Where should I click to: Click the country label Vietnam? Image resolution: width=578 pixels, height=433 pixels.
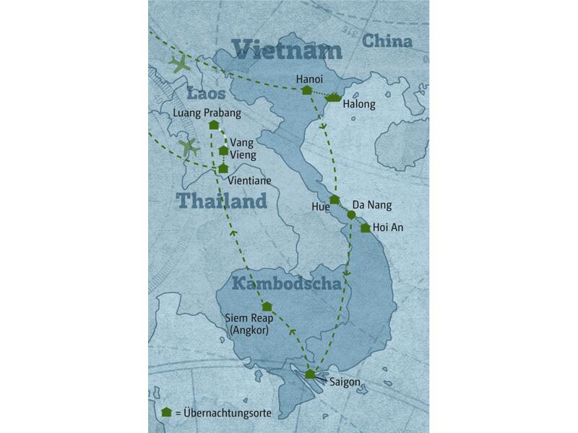(x=287, y=51)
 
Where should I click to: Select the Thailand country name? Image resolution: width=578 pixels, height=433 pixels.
(x=221, y=201)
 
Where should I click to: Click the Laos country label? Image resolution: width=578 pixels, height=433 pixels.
(x=207, y=95)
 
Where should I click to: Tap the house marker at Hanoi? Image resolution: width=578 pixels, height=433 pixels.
(x=306, y=90)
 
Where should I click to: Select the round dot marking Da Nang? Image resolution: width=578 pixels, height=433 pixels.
(x=351, y=215)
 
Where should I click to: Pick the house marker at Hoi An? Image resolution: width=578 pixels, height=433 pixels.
(x=366, y=228)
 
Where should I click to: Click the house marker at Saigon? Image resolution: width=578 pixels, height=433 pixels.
(x=310, y=374)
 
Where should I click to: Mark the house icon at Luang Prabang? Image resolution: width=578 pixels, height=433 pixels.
(x=213, y=125)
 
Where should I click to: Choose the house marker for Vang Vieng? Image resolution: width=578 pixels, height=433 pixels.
(x=224, y=151)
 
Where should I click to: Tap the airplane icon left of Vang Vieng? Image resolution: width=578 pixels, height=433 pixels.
(x=190, y=147)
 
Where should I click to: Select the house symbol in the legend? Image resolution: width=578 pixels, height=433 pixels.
(x=167, y=412)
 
